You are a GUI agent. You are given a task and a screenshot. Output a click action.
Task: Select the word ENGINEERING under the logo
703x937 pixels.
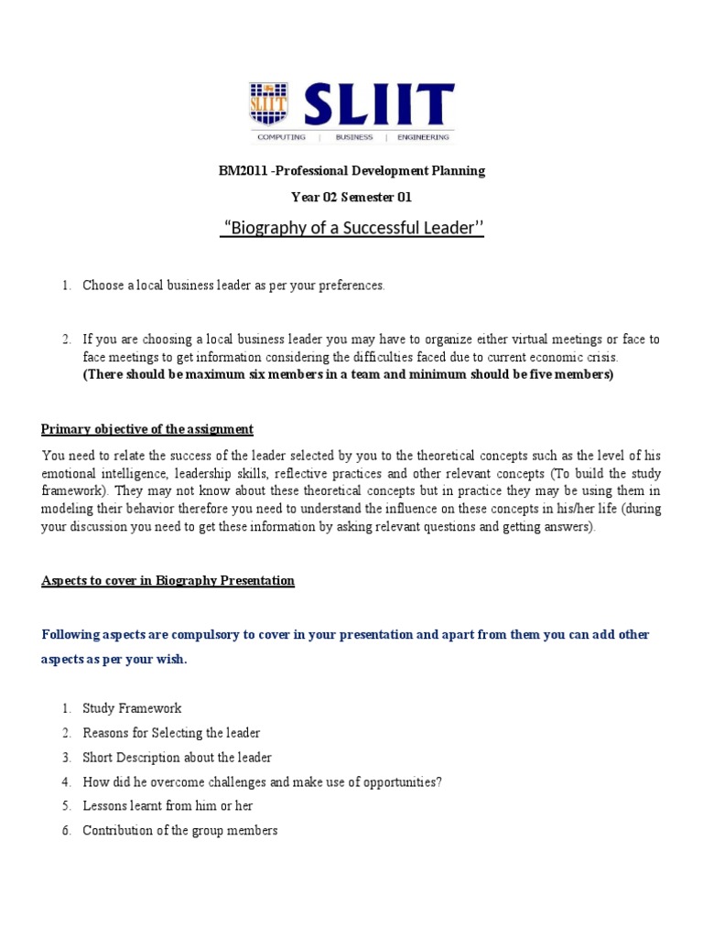423,137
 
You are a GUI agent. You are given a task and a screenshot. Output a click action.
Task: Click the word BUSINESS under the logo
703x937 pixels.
354,137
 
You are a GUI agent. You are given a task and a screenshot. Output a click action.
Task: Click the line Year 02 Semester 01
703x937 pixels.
351,197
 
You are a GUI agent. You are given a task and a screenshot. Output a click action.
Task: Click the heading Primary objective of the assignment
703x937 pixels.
147,429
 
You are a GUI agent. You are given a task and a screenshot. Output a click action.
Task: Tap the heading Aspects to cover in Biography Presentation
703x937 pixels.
168,581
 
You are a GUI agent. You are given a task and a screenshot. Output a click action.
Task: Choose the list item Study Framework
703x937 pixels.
132,708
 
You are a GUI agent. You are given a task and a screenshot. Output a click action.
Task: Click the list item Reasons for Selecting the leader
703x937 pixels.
171,733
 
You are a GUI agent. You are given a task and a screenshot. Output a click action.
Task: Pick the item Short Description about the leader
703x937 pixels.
177,758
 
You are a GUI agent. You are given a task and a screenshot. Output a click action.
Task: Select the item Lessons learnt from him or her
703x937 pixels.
168,806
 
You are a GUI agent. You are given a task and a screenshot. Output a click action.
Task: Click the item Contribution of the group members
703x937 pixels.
180,831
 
